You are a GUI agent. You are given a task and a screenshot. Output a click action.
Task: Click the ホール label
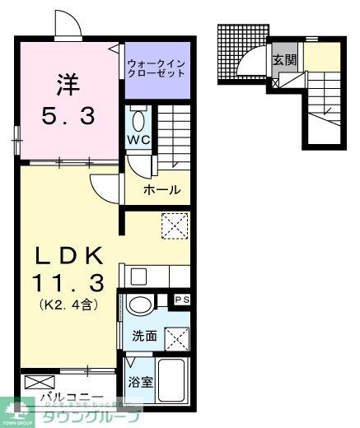161,190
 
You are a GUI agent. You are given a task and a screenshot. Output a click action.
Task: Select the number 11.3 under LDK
68,284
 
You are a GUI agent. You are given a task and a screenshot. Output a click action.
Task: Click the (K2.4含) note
69,305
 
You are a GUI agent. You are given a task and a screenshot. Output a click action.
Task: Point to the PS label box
181,300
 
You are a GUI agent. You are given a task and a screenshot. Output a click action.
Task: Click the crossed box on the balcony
38,382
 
